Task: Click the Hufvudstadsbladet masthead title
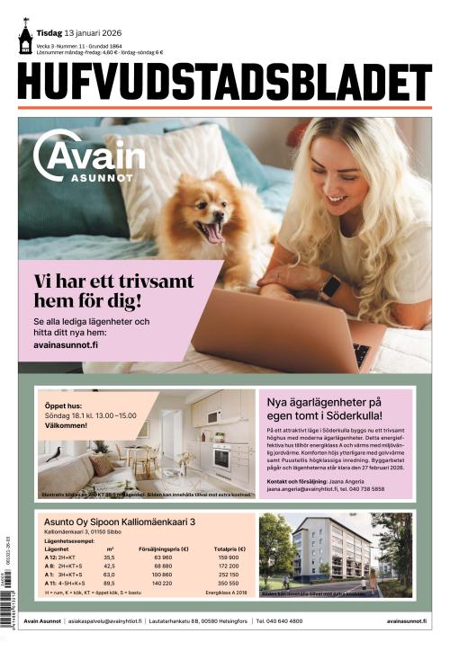[x=224, y=83]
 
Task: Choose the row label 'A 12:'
[x=52, y=557]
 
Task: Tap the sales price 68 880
[x=163, y=566]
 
